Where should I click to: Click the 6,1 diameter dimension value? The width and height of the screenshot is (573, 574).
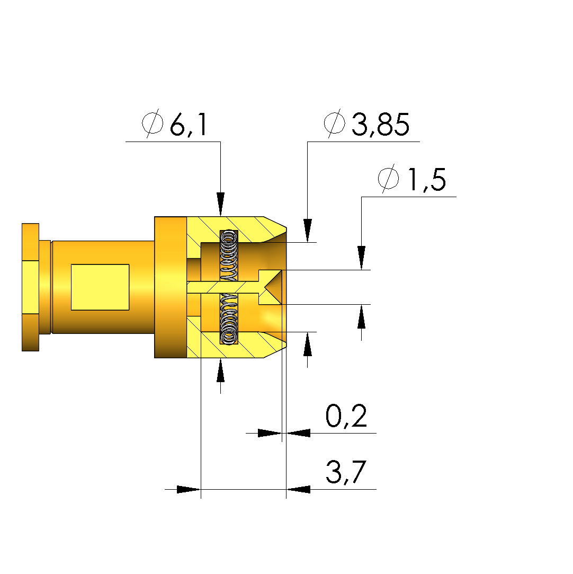[x=189, y=125]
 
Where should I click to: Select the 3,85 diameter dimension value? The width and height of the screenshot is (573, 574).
[x=380, y=125]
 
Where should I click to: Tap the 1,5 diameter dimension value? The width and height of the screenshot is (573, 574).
[x=427, y=179]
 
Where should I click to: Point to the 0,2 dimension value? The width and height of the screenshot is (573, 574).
[x=346, y=416]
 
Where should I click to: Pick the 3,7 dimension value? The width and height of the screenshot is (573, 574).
[x=346, y=472]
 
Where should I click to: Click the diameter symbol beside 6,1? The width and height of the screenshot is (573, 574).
[x=153, y=123]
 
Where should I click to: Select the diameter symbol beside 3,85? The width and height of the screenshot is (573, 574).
[x=334, y=123]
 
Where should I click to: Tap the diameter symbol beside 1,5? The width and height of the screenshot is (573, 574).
[x=388, y=179]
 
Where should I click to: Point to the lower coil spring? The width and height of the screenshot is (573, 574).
[x=229, y=319]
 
